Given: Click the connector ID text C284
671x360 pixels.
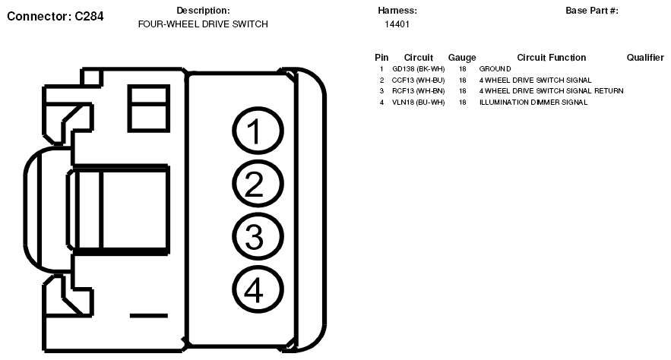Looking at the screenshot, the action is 89,16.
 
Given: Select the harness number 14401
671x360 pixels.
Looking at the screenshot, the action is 397,24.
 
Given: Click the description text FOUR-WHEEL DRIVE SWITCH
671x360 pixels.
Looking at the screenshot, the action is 203,24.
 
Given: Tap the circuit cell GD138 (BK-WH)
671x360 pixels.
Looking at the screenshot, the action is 418,69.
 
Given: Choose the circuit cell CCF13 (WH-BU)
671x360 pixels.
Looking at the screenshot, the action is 418,80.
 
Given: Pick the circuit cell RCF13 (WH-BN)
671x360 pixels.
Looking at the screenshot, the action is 418,91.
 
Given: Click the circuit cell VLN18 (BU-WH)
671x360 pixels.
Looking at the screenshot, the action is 418,103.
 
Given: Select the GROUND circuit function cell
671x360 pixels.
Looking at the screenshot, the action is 495,69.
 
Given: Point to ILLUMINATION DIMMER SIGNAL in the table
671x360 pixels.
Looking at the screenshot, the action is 533,103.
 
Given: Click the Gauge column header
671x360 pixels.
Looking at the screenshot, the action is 462,58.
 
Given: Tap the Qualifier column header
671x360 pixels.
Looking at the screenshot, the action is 645,58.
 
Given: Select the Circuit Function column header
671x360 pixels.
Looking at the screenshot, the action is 551,58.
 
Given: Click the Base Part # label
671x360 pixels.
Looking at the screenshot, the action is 592,11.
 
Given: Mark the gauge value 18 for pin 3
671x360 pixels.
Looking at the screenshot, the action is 462,91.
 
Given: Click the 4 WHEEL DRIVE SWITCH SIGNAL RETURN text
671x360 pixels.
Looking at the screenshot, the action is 551,91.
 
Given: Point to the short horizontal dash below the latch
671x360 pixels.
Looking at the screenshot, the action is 148,315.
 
